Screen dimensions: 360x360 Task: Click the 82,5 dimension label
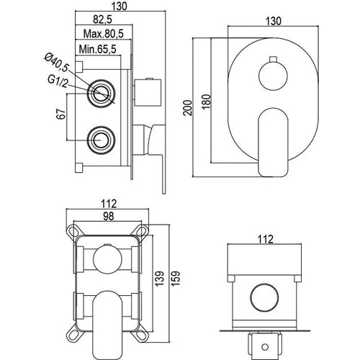102,19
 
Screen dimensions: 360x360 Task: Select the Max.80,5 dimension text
103,34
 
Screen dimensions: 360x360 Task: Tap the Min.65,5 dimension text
98,49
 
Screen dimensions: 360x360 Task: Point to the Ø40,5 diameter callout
56,63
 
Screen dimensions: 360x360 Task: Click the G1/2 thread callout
58,81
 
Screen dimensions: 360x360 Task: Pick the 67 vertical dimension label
61,114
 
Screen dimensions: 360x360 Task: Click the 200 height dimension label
188,108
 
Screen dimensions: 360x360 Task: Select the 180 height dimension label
207,102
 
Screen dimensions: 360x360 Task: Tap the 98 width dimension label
109,216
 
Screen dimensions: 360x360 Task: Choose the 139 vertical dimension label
159,279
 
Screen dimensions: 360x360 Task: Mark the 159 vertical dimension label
175,279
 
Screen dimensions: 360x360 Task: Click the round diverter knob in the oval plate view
273,76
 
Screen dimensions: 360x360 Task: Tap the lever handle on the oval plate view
273,142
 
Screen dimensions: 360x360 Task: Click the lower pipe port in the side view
101,140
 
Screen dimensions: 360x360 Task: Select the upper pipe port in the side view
101,94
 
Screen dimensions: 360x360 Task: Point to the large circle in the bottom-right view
264,298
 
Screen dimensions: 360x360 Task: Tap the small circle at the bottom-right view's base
265,347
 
